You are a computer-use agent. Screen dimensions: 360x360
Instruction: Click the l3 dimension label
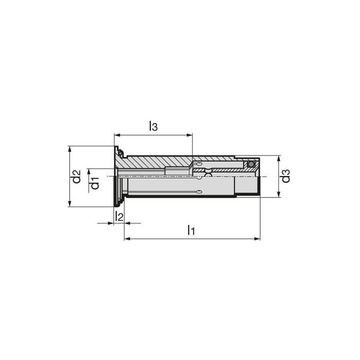[x=153, y=126]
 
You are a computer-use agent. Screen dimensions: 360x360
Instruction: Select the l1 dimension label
[x=191, y=230]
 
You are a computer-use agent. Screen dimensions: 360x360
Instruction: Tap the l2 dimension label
[x=118, y=216]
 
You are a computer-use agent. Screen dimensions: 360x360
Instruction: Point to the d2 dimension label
[x=77, y=176]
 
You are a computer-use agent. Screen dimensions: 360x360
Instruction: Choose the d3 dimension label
[x=286, y=177]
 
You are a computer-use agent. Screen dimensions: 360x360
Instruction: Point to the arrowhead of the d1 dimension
[x=89, y=171]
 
